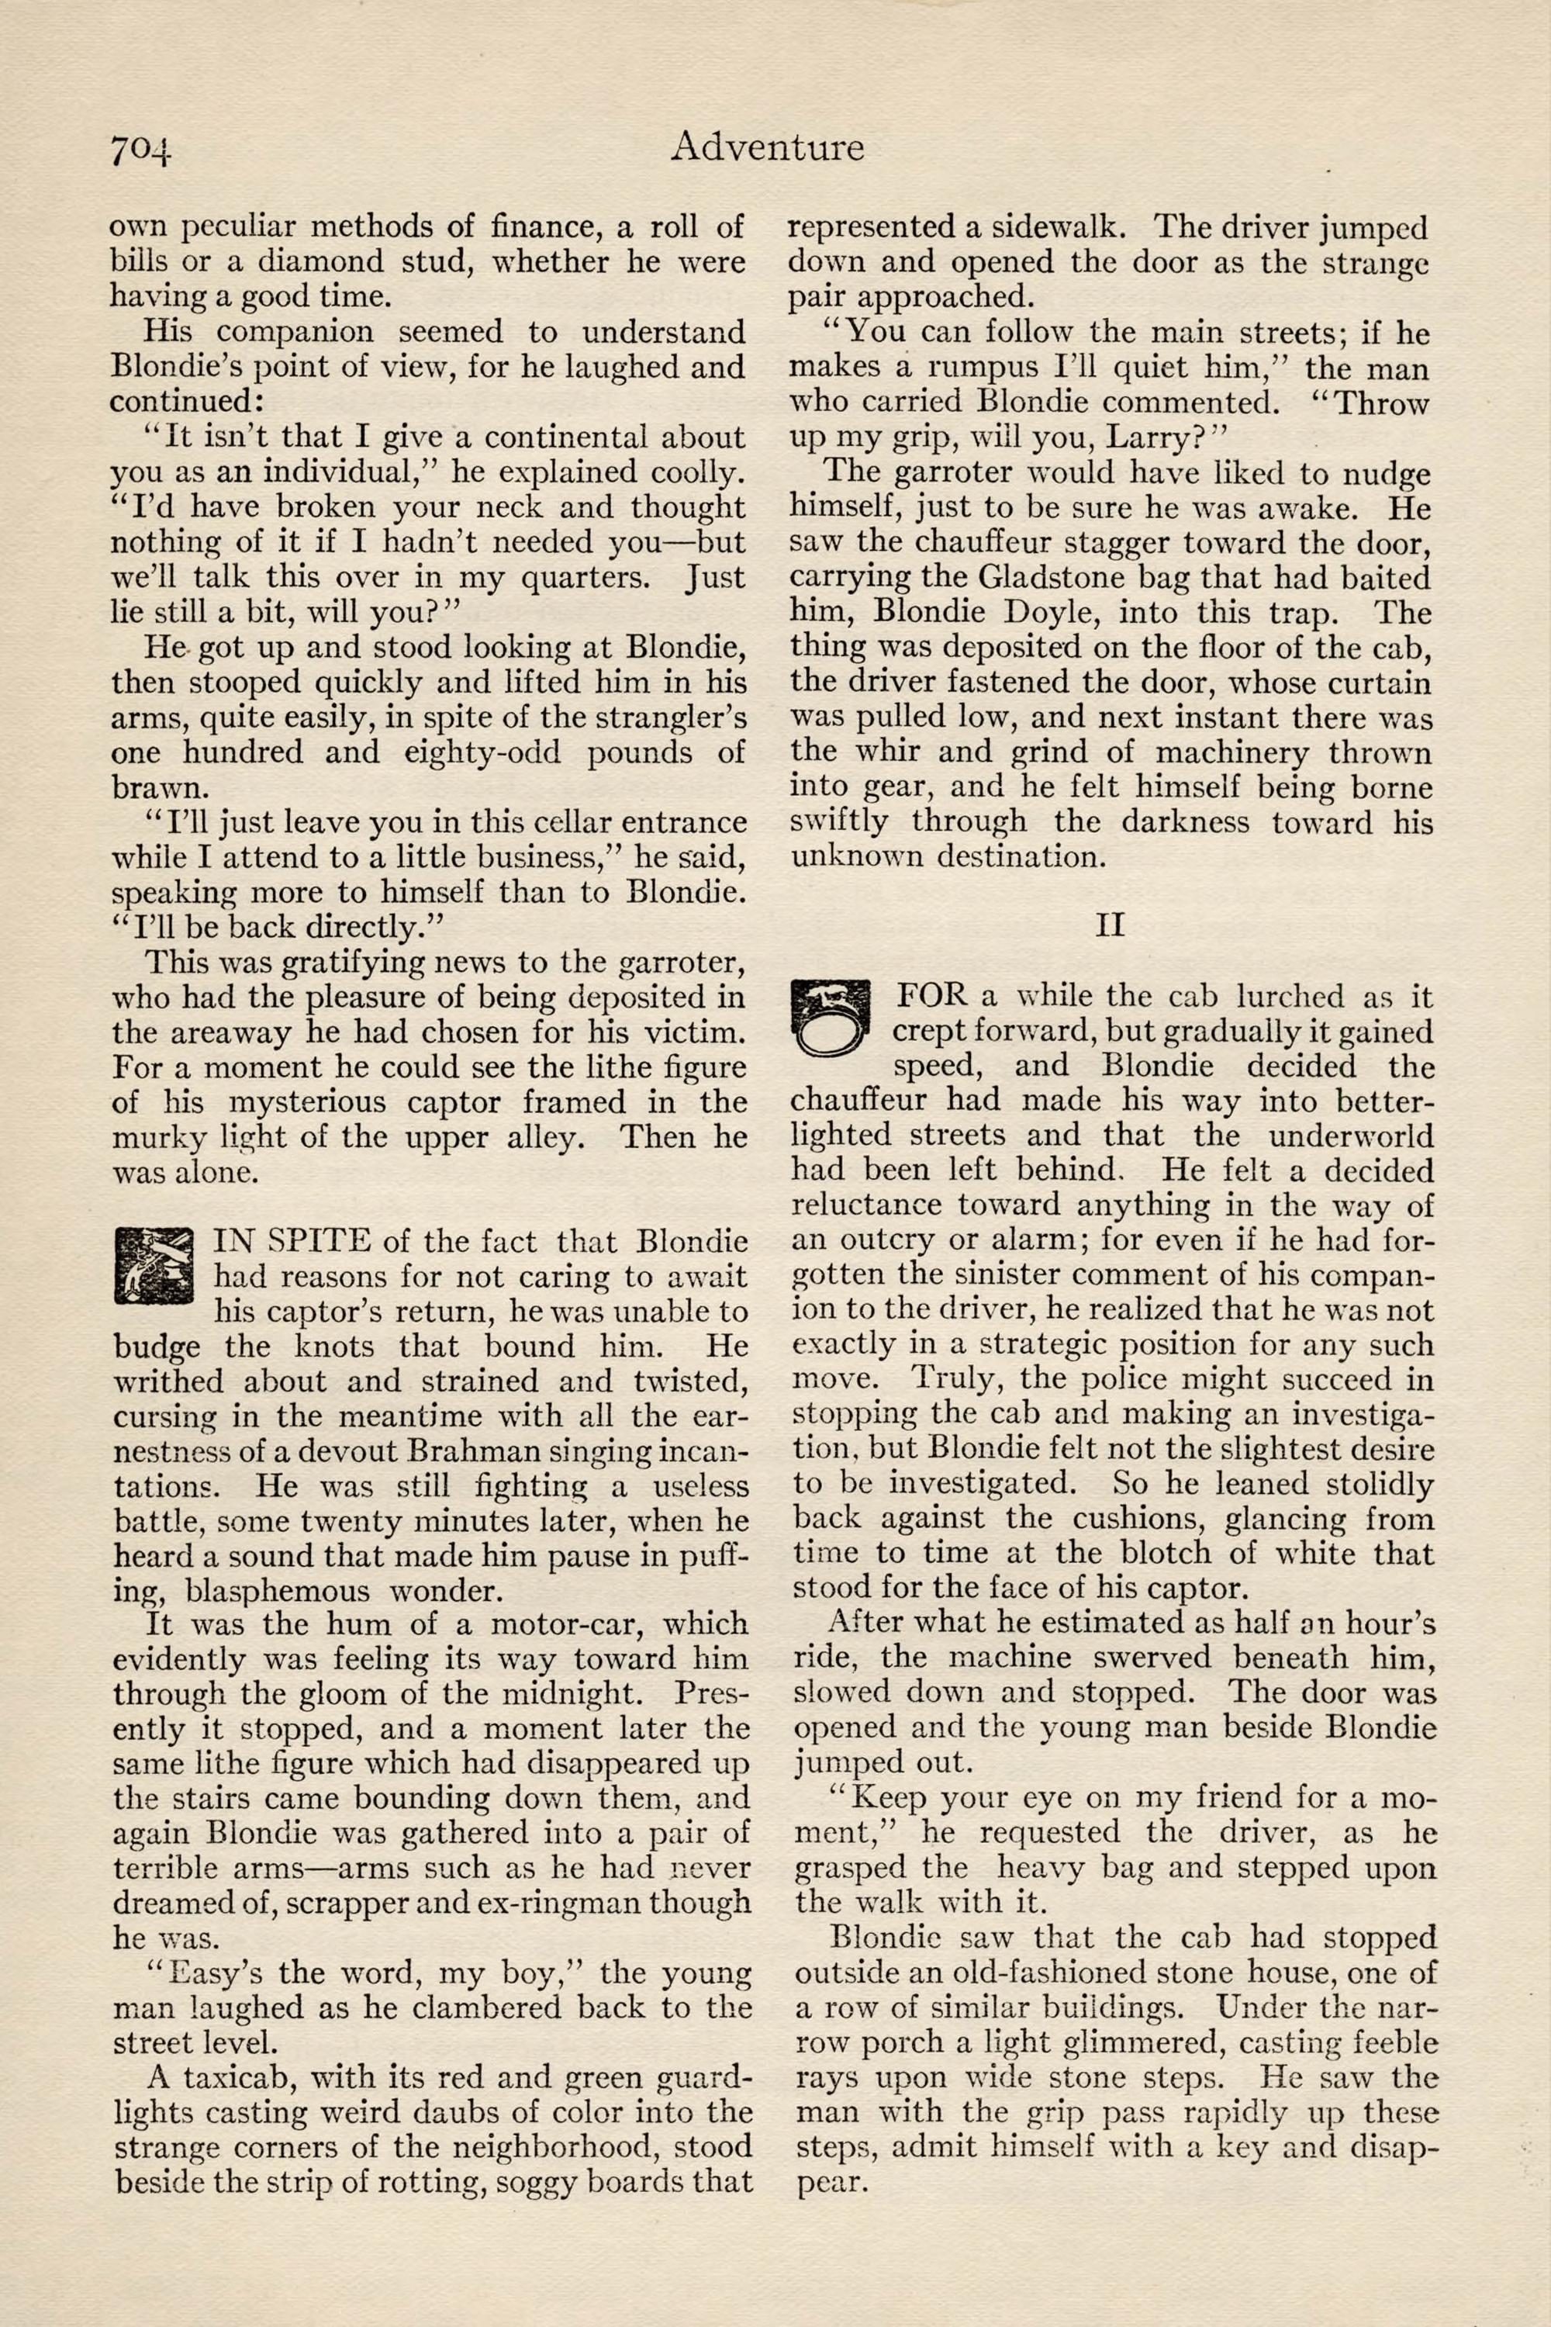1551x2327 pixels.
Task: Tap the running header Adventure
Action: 767,147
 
